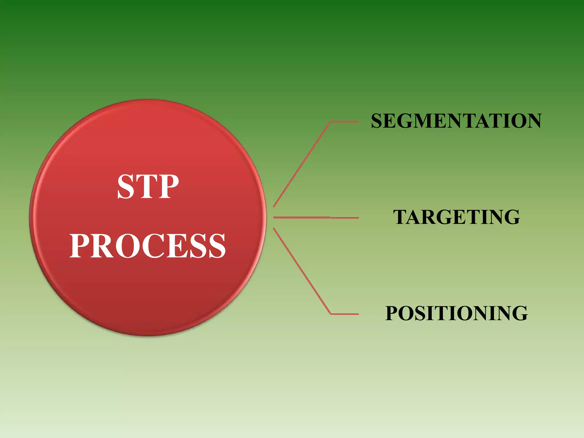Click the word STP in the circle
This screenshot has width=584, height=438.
148,186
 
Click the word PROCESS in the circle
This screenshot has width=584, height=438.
148,246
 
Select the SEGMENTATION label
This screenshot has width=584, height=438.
456,121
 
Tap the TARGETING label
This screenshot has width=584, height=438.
457,217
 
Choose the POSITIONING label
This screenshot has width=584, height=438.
457,313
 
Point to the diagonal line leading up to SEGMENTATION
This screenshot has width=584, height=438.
302,164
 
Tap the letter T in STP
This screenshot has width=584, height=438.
148,187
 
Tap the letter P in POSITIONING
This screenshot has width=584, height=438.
393,313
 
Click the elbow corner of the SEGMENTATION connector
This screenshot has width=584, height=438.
330,122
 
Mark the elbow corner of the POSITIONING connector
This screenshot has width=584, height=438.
331,314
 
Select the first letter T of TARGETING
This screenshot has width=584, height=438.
402,217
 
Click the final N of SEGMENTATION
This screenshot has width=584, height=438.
532,121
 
